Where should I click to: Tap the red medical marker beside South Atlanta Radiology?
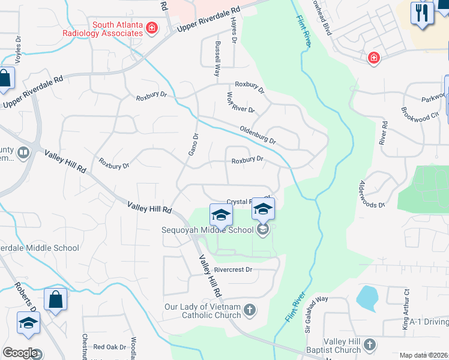tap(152, 28)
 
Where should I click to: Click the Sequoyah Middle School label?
tap(207, 230)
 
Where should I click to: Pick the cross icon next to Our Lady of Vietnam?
tap(250, 310)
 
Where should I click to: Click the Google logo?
tap(20, 352)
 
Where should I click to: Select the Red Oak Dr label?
tap(109, 347)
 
